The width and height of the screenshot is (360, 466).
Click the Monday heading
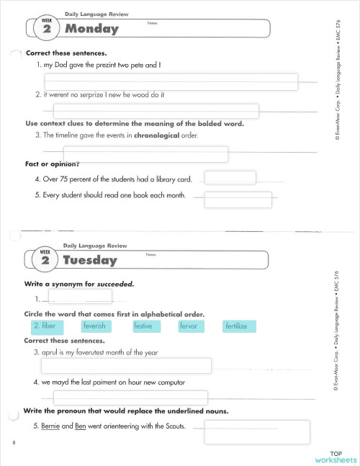coord(91,30)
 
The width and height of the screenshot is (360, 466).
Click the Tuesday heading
coord(90,260)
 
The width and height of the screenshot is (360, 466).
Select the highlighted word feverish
coord(94,326)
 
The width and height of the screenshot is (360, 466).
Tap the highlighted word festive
coord(143,326)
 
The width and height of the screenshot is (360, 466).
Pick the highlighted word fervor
coord(189,326)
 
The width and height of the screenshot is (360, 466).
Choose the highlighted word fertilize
coord(236,326)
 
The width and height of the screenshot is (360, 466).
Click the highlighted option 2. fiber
coord(45,326)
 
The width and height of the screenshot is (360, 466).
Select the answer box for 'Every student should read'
coord(238,200)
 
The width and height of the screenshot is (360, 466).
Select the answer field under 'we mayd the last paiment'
coord(130,397)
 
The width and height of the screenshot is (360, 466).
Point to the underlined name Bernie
coord(51,426)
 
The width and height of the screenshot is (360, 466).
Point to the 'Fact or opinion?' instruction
coord(52,163)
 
